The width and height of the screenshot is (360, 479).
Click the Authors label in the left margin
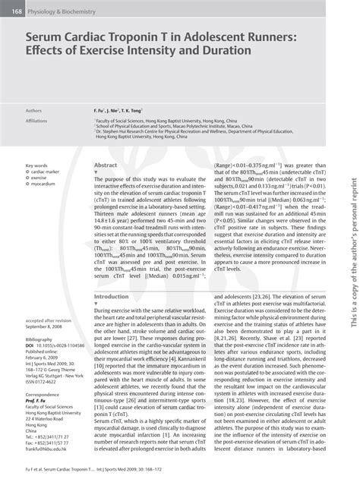click(x=33, y=110)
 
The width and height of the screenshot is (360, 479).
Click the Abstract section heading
click(x=105, y=165)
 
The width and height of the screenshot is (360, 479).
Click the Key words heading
click(x=36, y=165)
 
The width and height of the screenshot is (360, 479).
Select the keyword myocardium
click(x=43, y=184)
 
